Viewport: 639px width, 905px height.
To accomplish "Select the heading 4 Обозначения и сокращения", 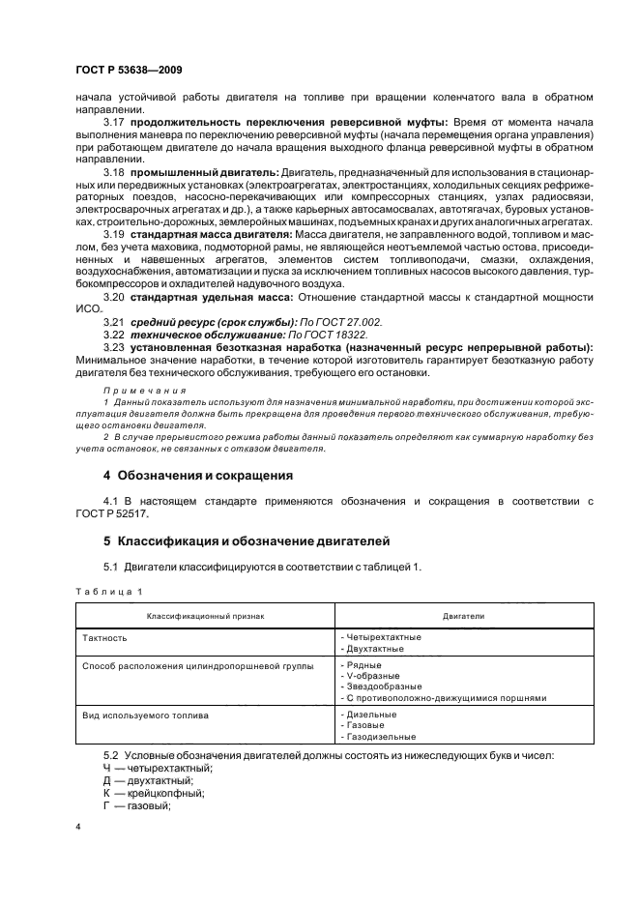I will pyautogui.click(x=190, y=475).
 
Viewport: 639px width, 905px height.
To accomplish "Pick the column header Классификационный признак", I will pyautogui.click(x=205, y=615).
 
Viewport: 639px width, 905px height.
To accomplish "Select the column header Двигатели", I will pyautogui.click(x=463, y=615).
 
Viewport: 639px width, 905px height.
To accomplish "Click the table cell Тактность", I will pyautogui.click(x=105, y=638).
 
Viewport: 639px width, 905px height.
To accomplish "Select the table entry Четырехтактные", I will pyautogui.click(x=384, y=637).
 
